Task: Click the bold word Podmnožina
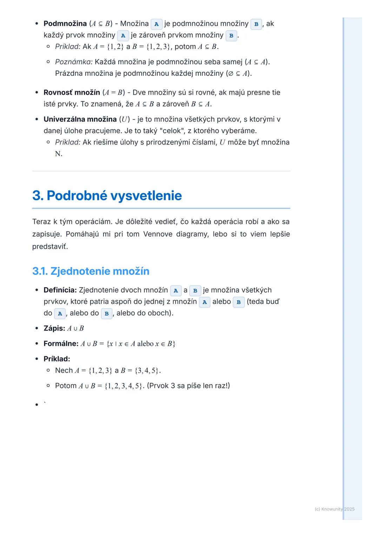click(x=65, y=24)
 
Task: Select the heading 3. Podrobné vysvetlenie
click(x=107, y=195)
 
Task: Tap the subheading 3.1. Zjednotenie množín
click(x=91, y=271)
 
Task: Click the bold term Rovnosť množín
click(x=72, y=92)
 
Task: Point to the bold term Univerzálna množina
click(x=80, y=119)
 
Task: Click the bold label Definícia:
click(x=60, y=290)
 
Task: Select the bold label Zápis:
click(x=54, y=328)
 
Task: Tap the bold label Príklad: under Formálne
click(x=57, y=359)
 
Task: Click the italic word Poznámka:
click(x=74, y=62)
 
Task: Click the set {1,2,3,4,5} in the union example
click(x=124, y=386)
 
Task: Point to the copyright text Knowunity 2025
click(x=335, y=509)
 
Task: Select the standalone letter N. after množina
click(x=59, y=154)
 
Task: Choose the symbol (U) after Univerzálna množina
click(x=124, y=119)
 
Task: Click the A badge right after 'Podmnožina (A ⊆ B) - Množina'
click(x=157, y=24)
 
